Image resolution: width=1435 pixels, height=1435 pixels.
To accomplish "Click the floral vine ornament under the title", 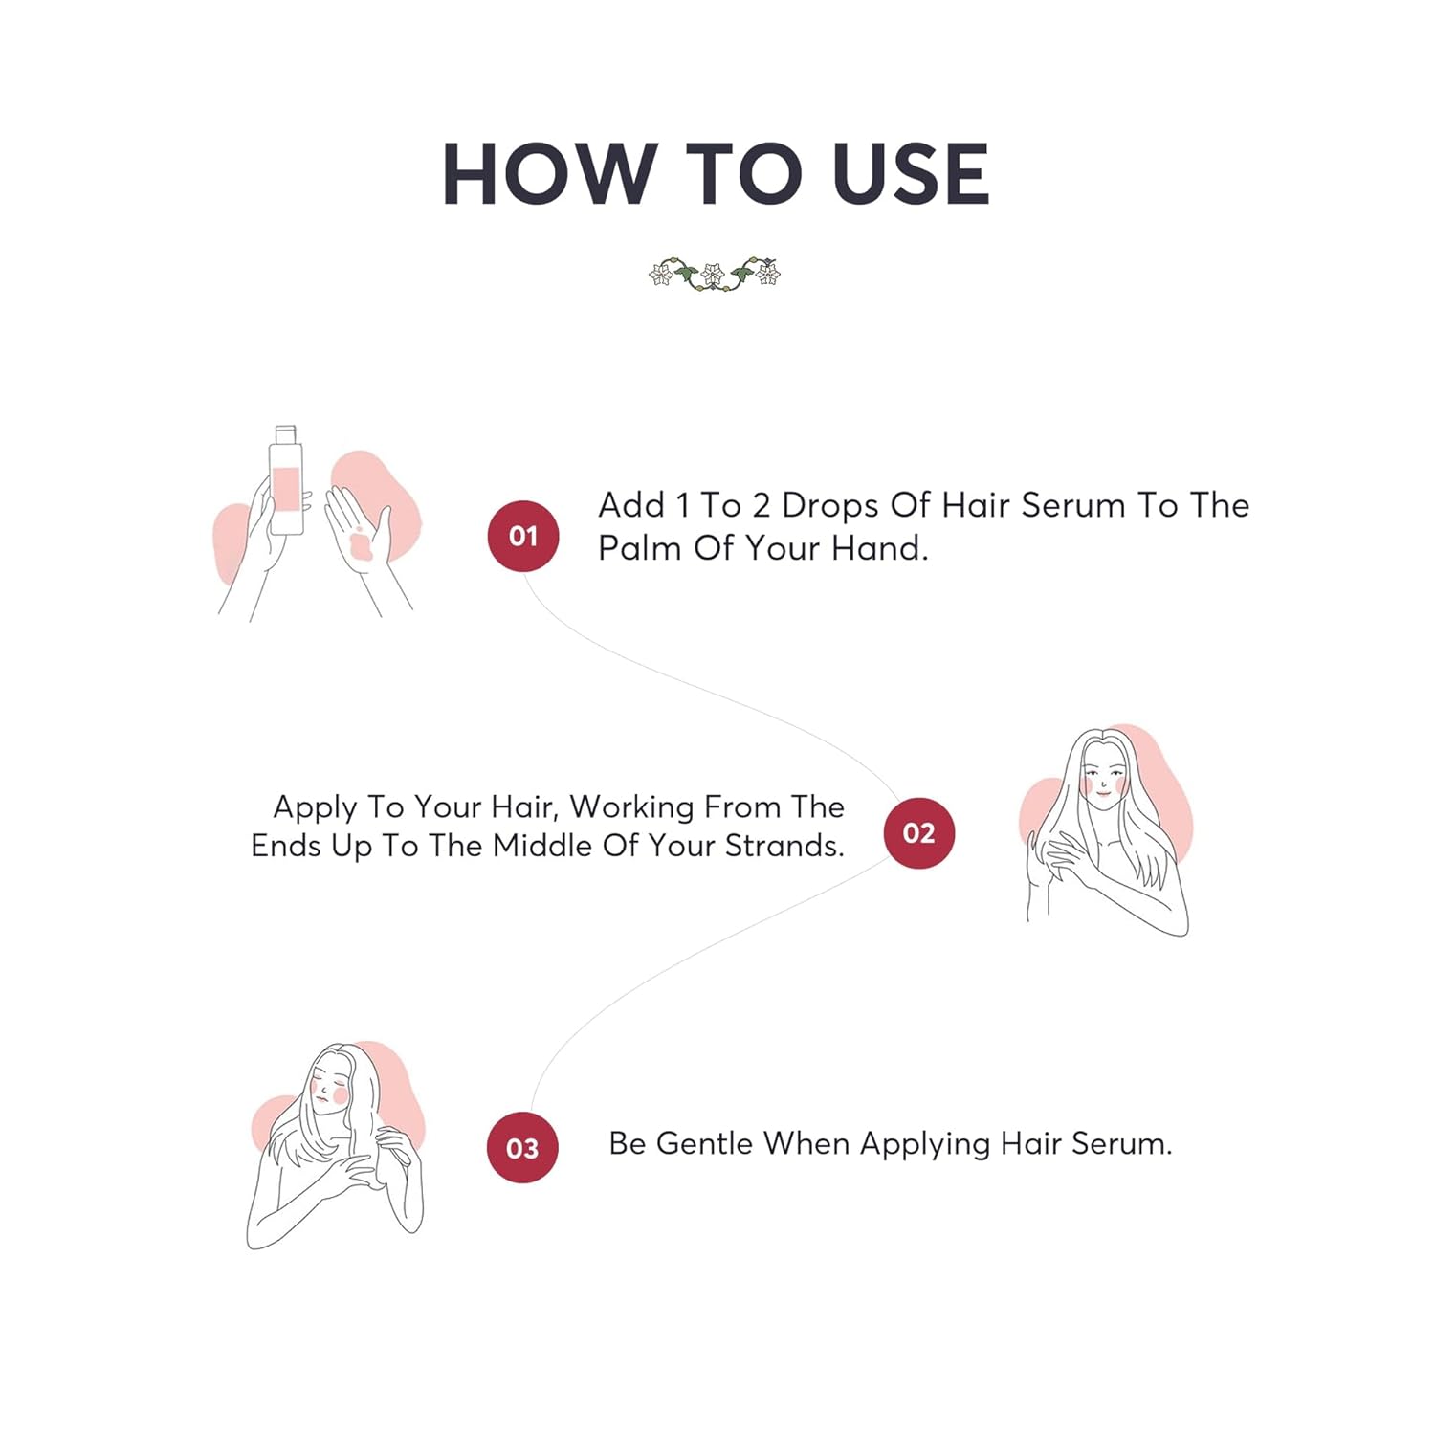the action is [715, 274].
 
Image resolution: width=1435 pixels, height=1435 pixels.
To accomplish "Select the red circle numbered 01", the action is [523, 536].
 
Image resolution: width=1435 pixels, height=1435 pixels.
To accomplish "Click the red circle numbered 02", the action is [919, 833].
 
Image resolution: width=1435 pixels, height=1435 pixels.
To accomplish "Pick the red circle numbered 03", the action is [522, 1147].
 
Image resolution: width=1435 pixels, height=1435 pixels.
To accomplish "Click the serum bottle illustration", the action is [286, 479].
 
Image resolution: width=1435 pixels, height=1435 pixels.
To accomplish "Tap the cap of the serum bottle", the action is [286, 435].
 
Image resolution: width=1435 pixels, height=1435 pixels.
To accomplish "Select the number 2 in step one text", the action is [762, 505].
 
